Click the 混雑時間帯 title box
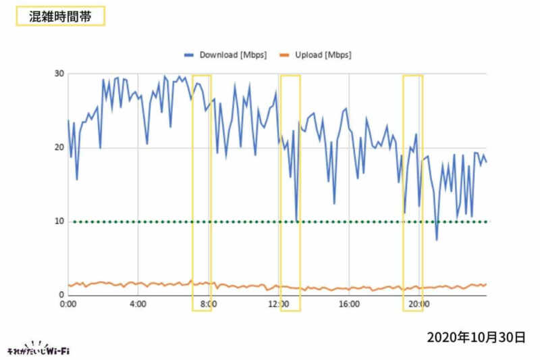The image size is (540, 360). tap(60, 16)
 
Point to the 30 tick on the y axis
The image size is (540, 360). tap(59, 74)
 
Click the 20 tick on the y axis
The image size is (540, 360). tap(59, 148)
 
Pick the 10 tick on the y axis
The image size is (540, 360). tap(59, 222)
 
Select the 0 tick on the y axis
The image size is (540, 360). tap(61, 295)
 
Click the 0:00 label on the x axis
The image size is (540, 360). tap(68, 305)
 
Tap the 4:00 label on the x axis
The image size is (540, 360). tap(138, 305)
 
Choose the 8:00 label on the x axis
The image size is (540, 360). tap(208, 305)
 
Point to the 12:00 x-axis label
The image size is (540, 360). tap(278, 305)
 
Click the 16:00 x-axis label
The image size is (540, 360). tap(348, 305)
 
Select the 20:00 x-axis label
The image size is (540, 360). tap(418, 305)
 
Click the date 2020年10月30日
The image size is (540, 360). tap(475, 336)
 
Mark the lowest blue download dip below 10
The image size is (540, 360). tap(437, 240)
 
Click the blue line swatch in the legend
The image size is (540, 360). tap(189, 55)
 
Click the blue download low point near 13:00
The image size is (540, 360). tap(296, 220)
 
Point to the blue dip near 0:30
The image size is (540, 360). tap(77, 180)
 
